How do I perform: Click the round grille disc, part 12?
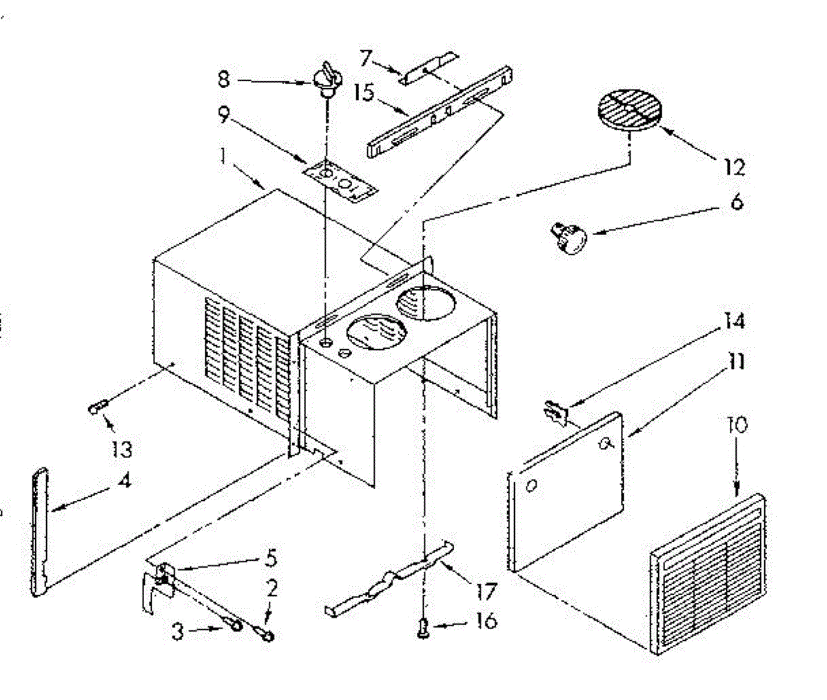pos(629,110)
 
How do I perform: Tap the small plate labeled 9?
pos(342,181)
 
